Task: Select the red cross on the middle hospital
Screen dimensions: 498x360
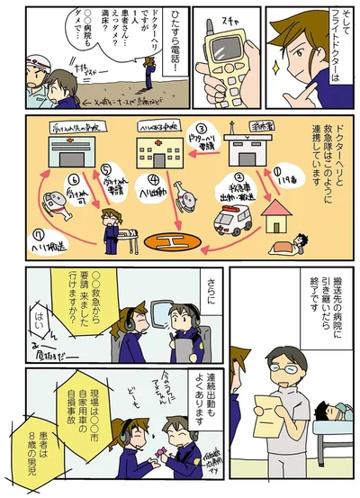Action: [x=158, y=143]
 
